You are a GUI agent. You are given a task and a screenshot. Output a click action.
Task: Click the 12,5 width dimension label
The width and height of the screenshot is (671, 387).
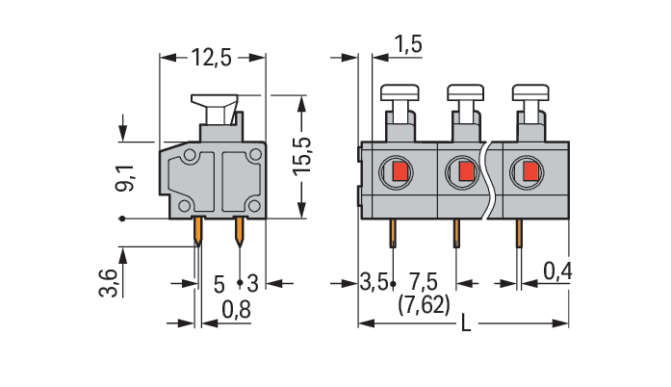[x=211, y=58]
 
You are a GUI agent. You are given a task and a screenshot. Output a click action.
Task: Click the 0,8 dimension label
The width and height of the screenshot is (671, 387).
[x=236, y=309]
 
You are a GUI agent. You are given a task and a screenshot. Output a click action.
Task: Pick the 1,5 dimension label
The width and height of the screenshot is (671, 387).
[x=408, y=43]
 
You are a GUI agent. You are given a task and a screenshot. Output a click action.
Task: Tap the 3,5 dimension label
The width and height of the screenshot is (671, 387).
[x=374, y=282]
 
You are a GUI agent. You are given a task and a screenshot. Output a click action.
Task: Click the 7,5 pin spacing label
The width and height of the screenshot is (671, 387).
[x=425, y=282]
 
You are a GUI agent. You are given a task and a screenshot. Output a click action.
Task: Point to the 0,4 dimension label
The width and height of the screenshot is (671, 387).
[x=557, y=272]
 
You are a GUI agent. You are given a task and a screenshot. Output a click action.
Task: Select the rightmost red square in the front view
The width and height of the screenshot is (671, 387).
[x=530, y=172]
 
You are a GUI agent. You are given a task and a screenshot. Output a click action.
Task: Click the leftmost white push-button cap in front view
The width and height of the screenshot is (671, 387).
[x=401, y=92]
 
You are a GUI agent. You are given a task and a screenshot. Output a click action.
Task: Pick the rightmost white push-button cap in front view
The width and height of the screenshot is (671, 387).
[x=531, y=92]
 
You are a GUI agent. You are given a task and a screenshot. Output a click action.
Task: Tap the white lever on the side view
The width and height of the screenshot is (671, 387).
[x=217, y=103]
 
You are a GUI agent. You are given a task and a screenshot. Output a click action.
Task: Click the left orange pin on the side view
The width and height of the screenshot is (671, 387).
[x=198, y=228]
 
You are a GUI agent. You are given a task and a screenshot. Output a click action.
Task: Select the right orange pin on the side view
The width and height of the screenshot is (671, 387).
[x=240, y=228]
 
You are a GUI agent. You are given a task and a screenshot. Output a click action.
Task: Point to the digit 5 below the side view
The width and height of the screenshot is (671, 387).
[x=219, y=283]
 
